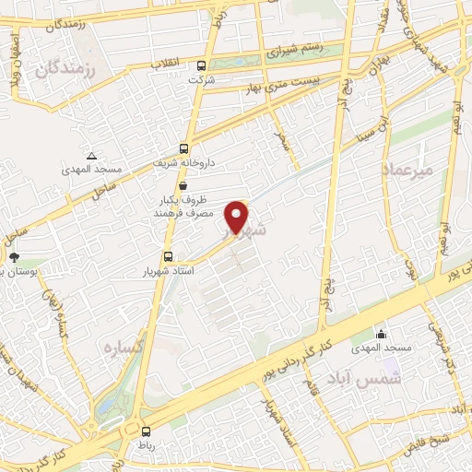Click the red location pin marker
(x=238, y=216)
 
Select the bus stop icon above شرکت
(x=202, y=65)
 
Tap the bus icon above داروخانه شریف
(x=184, y=148)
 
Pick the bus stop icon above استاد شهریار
(x=167, y=256)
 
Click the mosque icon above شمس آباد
(x=381, y=334)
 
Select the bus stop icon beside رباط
(x=145, y=431)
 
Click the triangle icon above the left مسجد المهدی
(x=90, y=156)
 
